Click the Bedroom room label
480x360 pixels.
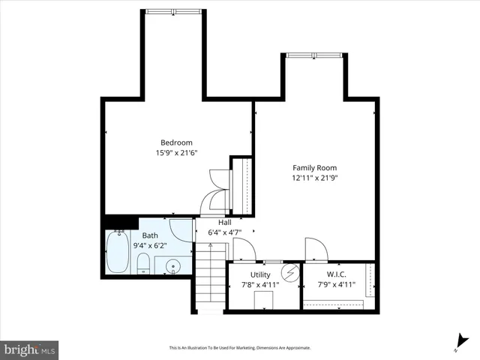point(176,142)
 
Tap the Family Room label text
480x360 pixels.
point(314,168)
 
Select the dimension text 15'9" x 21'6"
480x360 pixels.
point(176,154)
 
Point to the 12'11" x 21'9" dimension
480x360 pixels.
point(314,178)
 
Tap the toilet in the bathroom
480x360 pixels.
point(142,262)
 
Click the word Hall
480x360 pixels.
point(224,223)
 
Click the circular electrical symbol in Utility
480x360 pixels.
point(289,271)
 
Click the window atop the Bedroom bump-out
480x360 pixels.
point(173,10)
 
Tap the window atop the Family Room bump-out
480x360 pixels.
point(313,55)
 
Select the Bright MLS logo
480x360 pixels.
point(30,349)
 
